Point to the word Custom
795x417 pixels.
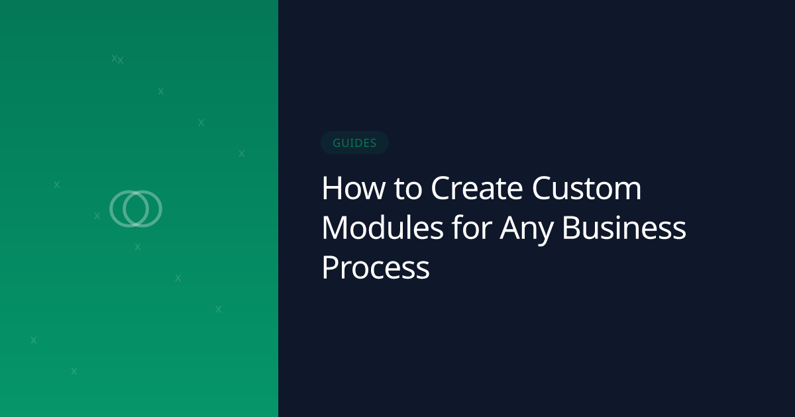587,189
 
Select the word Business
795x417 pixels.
624,229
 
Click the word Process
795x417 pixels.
376,269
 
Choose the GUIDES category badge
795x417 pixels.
354,143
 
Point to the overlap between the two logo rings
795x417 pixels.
136,208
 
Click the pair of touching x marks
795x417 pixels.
117,60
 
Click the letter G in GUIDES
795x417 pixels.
337,143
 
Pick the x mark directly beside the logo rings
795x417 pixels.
97,216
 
